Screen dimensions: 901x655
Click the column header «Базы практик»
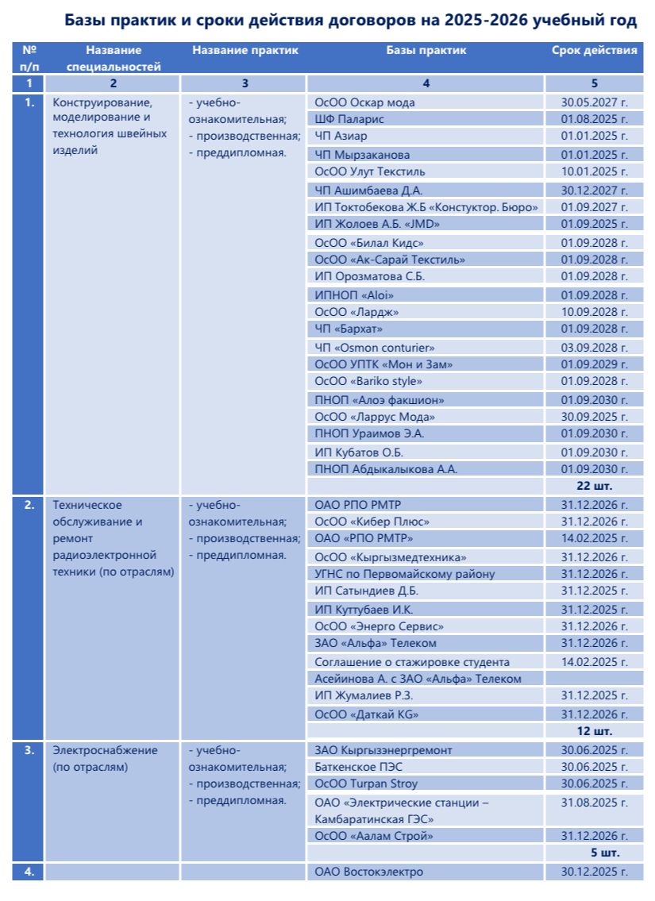coord(426,51)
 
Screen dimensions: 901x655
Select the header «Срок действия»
coord(594,51)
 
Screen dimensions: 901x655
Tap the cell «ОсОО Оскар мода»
coord(364,102)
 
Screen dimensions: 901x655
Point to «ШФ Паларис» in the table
coord(349,119)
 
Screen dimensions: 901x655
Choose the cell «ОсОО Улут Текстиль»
coord(370,171)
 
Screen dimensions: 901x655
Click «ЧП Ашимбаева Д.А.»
coord(368,191)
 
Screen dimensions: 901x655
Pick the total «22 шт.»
coord(594,485)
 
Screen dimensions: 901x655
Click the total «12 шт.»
coord(594,731)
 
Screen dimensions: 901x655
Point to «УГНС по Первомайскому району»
coord(405,574)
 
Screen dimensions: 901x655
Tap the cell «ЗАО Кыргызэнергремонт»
coord(383,750)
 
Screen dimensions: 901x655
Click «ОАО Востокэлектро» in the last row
coord(369,872)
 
